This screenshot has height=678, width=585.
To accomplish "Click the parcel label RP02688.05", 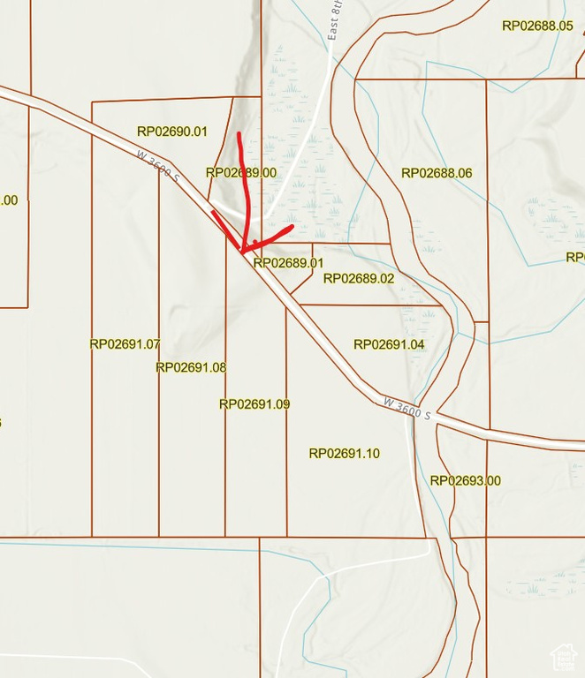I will [537, 26].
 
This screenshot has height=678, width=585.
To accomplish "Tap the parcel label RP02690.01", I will [171, 132].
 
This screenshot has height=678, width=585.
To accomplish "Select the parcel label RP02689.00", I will [241, 173].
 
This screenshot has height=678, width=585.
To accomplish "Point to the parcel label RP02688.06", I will [437, 173].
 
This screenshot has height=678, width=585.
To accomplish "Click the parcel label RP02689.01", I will [288, 262].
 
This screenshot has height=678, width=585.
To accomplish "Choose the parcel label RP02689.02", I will [358, 278].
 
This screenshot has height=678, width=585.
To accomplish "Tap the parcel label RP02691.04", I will [389, 344].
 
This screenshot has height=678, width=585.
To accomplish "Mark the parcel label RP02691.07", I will [125, 343].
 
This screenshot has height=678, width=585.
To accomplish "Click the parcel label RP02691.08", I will [191, 367].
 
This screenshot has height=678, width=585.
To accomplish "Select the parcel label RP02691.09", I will [255, 404].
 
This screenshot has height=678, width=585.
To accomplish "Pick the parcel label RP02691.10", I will [344, 453].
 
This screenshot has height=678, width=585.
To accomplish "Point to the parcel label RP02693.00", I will [465, 480].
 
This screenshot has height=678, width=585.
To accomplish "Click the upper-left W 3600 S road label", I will [159, 166].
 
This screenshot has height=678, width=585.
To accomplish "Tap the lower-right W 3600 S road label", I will [407, 409].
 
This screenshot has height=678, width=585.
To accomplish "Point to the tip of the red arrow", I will [242, 252].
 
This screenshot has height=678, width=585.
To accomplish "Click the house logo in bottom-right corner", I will [563, 657].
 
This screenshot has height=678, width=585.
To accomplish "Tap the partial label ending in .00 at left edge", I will [8, 200].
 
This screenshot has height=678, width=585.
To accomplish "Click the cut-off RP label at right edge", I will [575, 257].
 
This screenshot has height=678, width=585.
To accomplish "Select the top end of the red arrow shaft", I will [239, 134].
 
